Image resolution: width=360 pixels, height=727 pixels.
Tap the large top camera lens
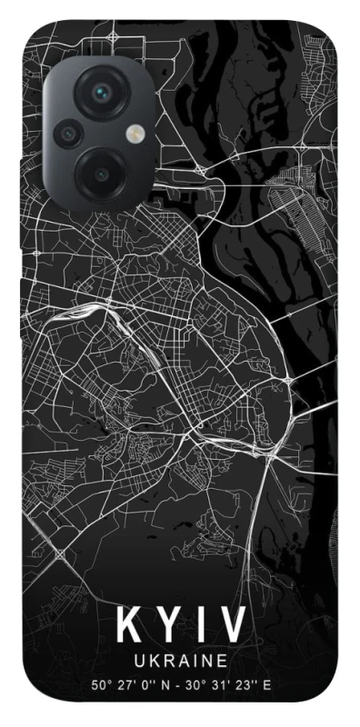(102, 93)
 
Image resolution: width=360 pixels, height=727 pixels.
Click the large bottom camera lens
(102, 172)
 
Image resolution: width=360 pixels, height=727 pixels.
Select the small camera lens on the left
(67, 134)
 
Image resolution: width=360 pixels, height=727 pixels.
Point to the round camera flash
(135, 134)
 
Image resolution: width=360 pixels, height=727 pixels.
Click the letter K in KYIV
(128, 625)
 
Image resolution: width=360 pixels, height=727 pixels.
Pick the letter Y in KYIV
(169, 625)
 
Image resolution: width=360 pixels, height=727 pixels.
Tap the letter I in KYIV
(201, 625)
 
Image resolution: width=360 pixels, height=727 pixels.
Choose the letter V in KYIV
(232, 625)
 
